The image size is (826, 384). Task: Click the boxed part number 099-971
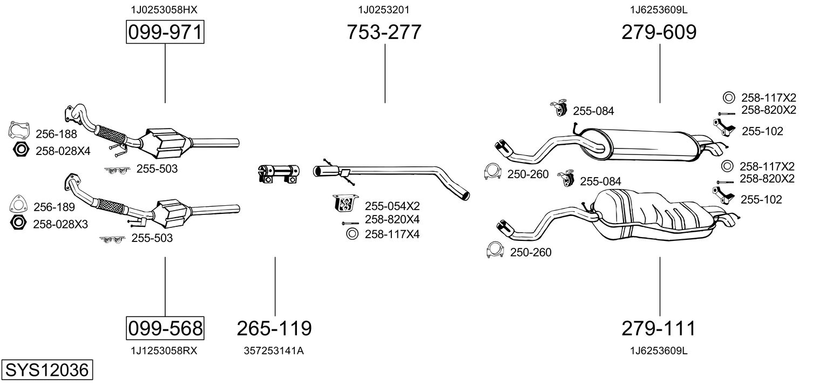coord(165,33)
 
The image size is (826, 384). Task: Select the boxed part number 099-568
coord(165,327)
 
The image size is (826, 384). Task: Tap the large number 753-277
coord(384,32)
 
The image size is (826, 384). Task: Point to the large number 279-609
coord(659,32)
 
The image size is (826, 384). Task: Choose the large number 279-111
coord(659,328)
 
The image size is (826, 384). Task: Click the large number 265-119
coord(274,328)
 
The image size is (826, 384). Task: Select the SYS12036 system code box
coord(46,370)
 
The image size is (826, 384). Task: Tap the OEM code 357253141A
coord(274,351)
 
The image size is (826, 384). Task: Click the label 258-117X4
coord(392,234)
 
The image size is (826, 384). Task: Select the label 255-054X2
coord(392,206)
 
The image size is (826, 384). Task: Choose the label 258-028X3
coord(60,224)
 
